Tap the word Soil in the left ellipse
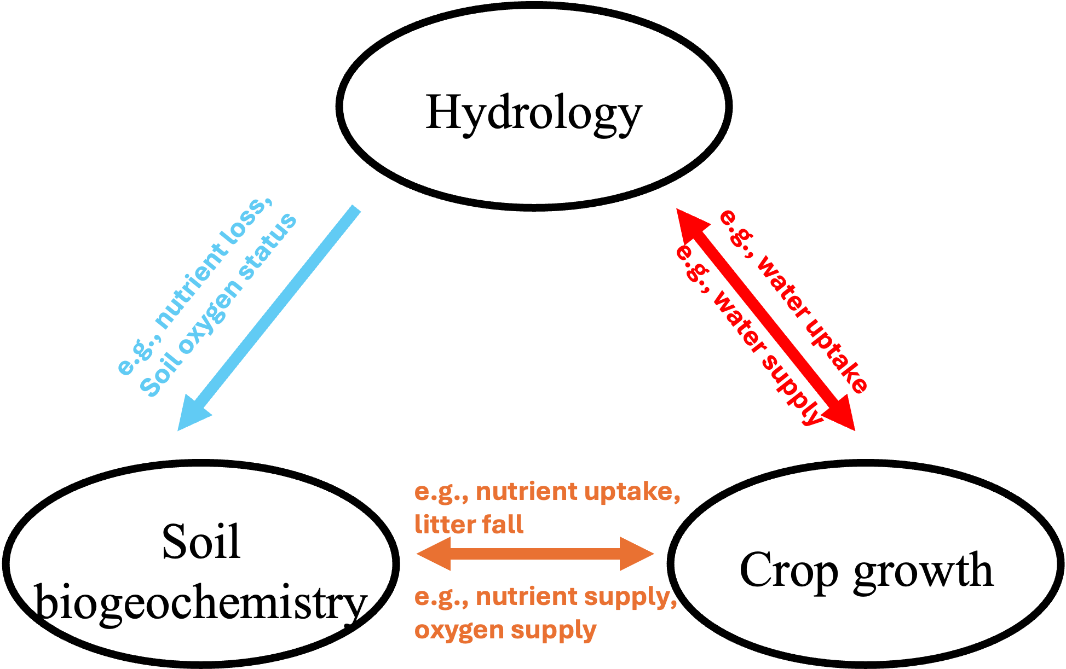201,542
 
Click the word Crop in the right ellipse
789,571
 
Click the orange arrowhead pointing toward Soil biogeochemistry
435,554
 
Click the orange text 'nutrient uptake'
578,492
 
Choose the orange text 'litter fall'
469,525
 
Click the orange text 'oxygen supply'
505,630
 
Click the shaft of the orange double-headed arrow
535,554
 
